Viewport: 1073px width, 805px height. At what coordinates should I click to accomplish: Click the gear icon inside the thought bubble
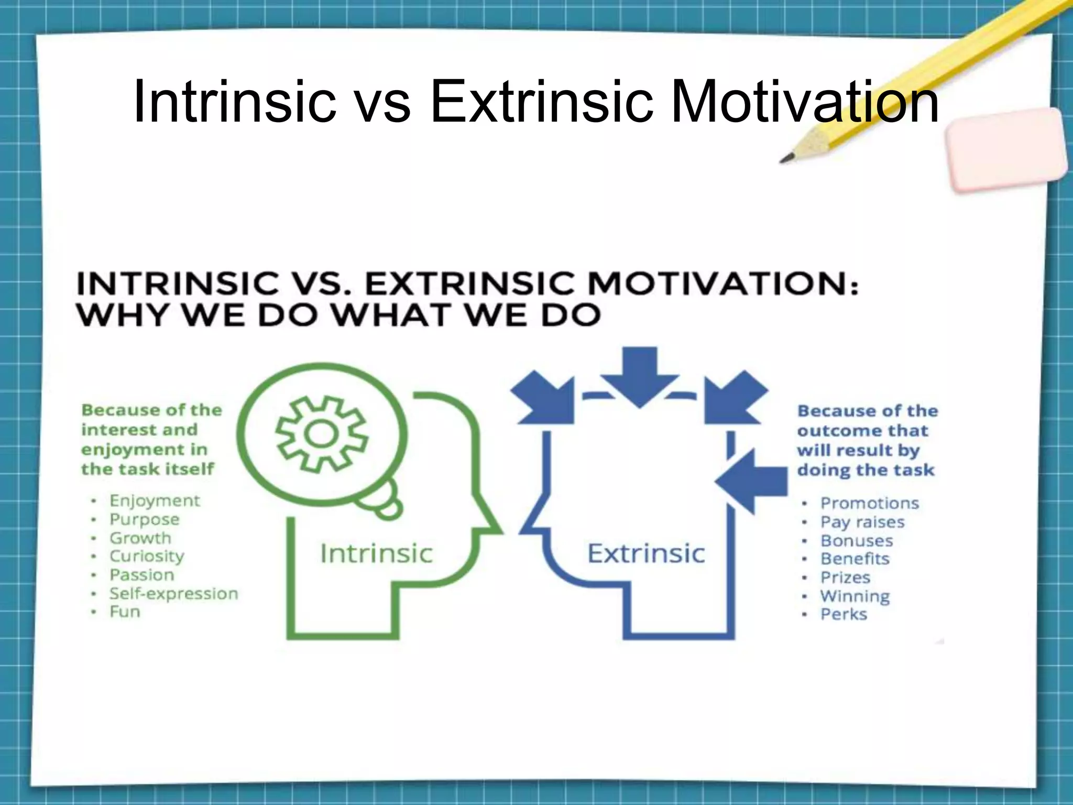tap(322, 433)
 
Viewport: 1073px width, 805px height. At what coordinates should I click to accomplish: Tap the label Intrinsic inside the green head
tap(376, 554)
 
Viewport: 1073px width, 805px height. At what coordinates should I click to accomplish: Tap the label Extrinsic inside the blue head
tap(646, 554)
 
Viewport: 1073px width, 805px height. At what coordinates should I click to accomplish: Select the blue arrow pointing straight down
tap(639, 375)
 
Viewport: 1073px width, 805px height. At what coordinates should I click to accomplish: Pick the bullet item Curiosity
tap(147, 556)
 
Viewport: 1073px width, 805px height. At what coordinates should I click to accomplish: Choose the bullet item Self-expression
tap(173, 594)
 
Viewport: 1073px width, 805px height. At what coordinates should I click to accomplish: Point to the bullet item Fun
tap(125, 612)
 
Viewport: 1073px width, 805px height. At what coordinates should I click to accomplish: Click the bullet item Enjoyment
tap(155, 501)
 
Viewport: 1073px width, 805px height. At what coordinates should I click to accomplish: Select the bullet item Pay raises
tap(862, 523)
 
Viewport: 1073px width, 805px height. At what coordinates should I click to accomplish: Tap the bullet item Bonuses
tap(857, 541)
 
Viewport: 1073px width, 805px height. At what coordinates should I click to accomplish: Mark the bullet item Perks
tap(844, 614)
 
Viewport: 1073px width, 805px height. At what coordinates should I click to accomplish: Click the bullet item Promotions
tap(870, 504)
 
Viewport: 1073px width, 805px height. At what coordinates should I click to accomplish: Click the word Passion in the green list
tap(141, 575)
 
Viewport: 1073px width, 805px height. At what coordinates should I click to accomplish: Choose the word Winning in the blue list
tap(855, 596)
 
